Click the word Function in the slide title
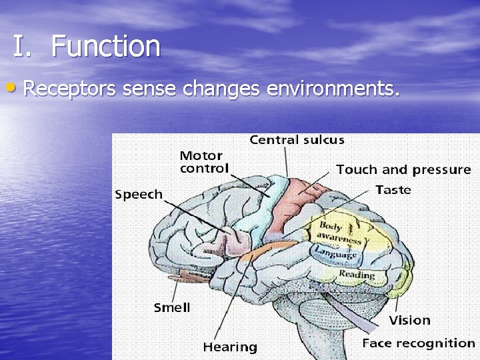[x=105, y=47]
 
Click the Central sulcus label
[x=297, y=140]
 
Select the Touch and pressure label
[x=403, y=170]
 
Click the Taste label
[x=393, y=190]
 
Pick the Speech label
[x=139, y=195]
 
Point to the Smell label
[x=172, y=307]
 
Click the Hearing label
[x=230, y=347]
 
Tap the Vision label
[x=409, y=321]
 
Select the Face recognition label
[x=418, y=343]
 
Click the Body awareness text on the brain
[x=339, y=233]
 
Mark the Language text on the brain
[x=335, y=253]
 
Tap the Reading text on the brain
[x=357, y=274]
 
